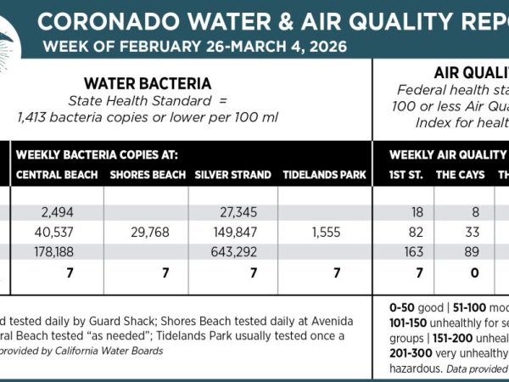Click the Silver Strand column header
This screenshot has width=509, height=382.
click(x=232, y=176)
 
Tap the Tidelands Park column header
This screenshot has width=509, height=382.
click(x=324, y=176)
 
